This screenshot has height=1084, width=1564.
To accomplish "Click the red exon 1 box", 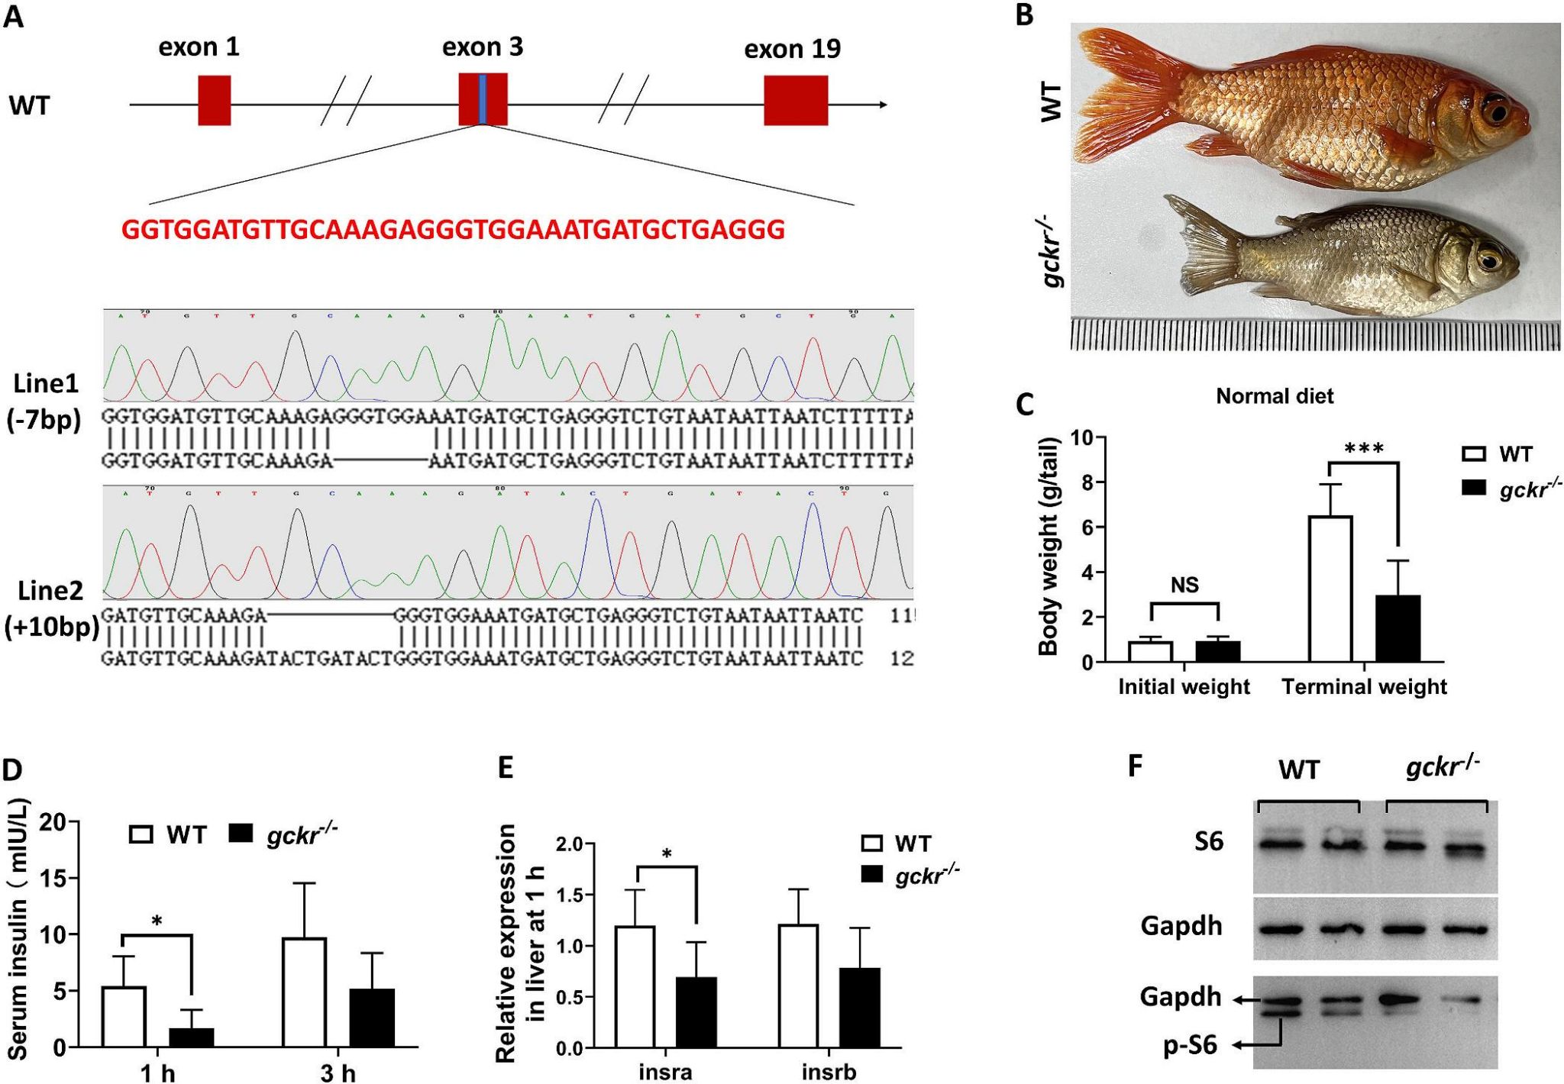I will pyautogui.click(x=214, y=100).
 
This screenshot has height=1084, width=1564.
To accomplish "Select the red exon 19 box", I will pyautogui.click(x=796, y=100).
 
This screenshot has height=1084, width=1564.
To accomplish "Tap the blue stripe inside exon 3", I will pyautogui.click(x=483, y=100).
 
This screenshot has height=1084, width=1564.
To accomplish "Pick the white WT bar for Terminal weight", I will pyautogui.click(x=1330, y=589).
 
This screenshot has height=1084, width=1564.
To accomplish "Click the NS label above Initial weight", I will pyautogui.click(x=1184, y=586).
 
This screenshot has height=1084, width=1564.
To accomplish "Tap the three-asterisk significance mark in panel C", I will pyautogui.click(x=1364, y=449).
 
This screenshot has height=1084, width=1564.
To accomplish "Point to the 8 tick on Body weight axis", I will pyautogui.click(x=1082, y=482).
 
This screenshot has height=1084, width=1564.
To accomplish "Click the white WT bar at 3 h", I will pyautogui.click(x=304, y=992).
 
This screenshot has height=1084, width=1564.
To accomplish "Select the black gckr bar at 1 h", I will pyautogui.click(x=191, y=1037).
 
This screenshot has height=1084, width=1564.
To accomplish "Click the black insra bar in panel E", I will pyautogui.click(x=696, y=1012).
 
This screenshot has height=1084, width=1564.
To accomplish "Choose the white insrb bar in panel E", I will pyautogui.click(x=798, y=986).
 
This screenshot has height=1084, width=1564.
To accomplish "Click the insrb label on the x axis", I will pyautogui.click(x=829, y=1072).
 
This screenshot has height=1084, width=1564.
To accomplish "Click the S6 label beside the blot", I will pyautogui.click(x=1208, y=841).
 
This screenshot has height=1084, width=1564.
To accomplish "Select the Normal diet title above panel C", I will pyautogui.click(x=1275, y=396).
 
